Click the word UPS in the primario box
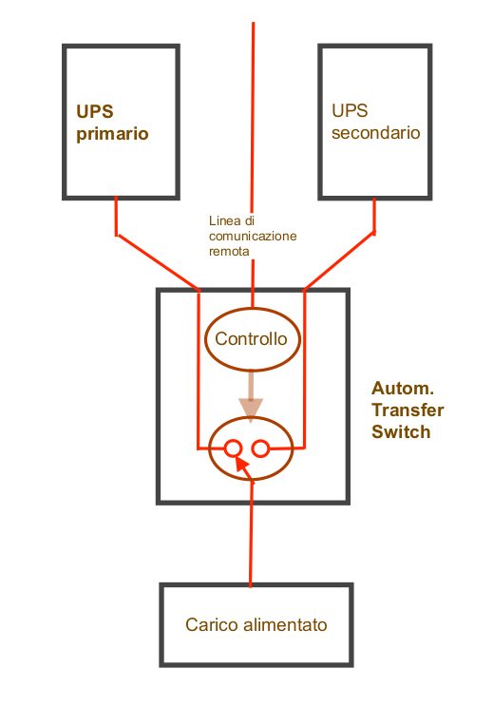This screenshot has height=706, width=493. click(x=95, y=112)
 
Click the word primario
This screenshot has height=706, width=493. click(x=112, y=134)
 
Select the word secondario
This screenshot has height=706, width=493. click(x=376, y=133)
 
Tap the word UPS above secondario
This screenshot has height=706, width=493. click(x=350, y=111)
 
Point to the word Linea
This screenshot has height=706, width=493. click(x=225, y=221)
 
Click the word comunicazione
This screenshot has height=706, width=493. click(x=253, y=237)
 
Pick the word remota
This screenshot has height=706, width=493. click(x=229, y=251)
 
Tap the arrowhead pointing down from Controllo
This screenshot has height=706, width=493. click(x=251, y=410)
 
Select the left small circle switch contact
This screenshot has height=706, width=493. click(x=234, y=448)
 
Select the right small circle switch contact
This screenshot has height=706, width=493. click(x=260, y=448)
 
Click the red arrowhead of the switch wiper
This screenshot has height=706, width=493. click(x=242, y=466)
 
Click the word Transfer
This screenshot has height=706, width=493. click(x=408, y=410)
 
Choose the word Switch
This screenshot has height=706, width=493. click(x=401, y=431)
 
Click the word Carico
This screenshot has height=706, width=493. click(x=212, y=625)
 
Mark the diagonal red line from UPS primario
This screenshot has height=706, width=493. click(x=158, y=262)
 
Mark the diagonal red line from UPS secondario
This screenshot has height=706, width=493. click(x=339, y=261)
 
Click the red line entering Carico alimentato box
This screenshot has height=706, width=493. click(x=251, y=534)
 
